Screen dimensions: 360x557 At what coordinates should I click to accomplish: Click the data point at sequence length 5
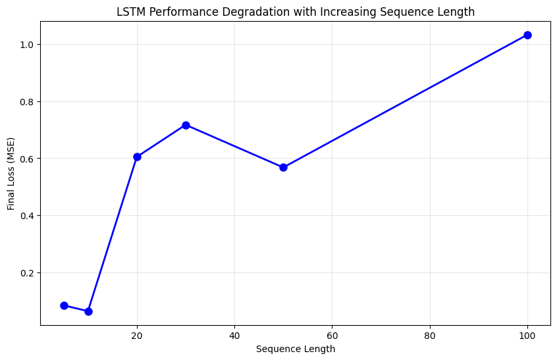click(x=64, y=305)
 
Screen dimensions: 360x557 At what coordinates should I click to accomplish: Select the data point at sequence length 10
click(x=88, y=311)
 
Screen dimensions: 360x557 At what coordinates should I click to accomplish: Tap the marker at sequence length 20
click(x=137, y=157)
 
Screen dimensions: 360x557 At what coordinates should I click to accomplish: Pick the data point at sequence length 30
click(x=186, y=125)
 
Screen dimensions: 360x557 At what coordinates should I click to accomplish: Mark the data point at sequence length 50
click(x=283, y=167)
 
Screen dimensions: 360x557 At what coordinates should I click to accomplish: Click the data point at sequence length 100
click(x=527, y=35)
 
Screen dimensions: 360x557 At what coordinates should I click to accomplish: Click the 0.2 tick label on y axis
click(x=28, y=272)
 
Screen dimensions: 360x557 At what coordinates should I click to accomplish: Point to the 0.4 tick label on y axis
click(x=28, y=216)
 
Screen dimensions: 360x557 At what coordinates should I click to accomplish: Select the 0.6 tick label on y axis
click(x=28, y=159)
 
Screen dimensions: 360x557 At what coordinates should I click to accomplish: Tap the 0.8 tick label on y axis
click(x=28, y=101)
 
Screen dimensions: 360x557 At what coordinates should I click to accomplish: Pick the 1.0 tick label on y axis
click(x=28, y=45)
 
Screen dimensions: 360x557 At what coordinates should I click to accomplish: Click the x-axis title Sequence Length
click(x=296, y=349)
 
